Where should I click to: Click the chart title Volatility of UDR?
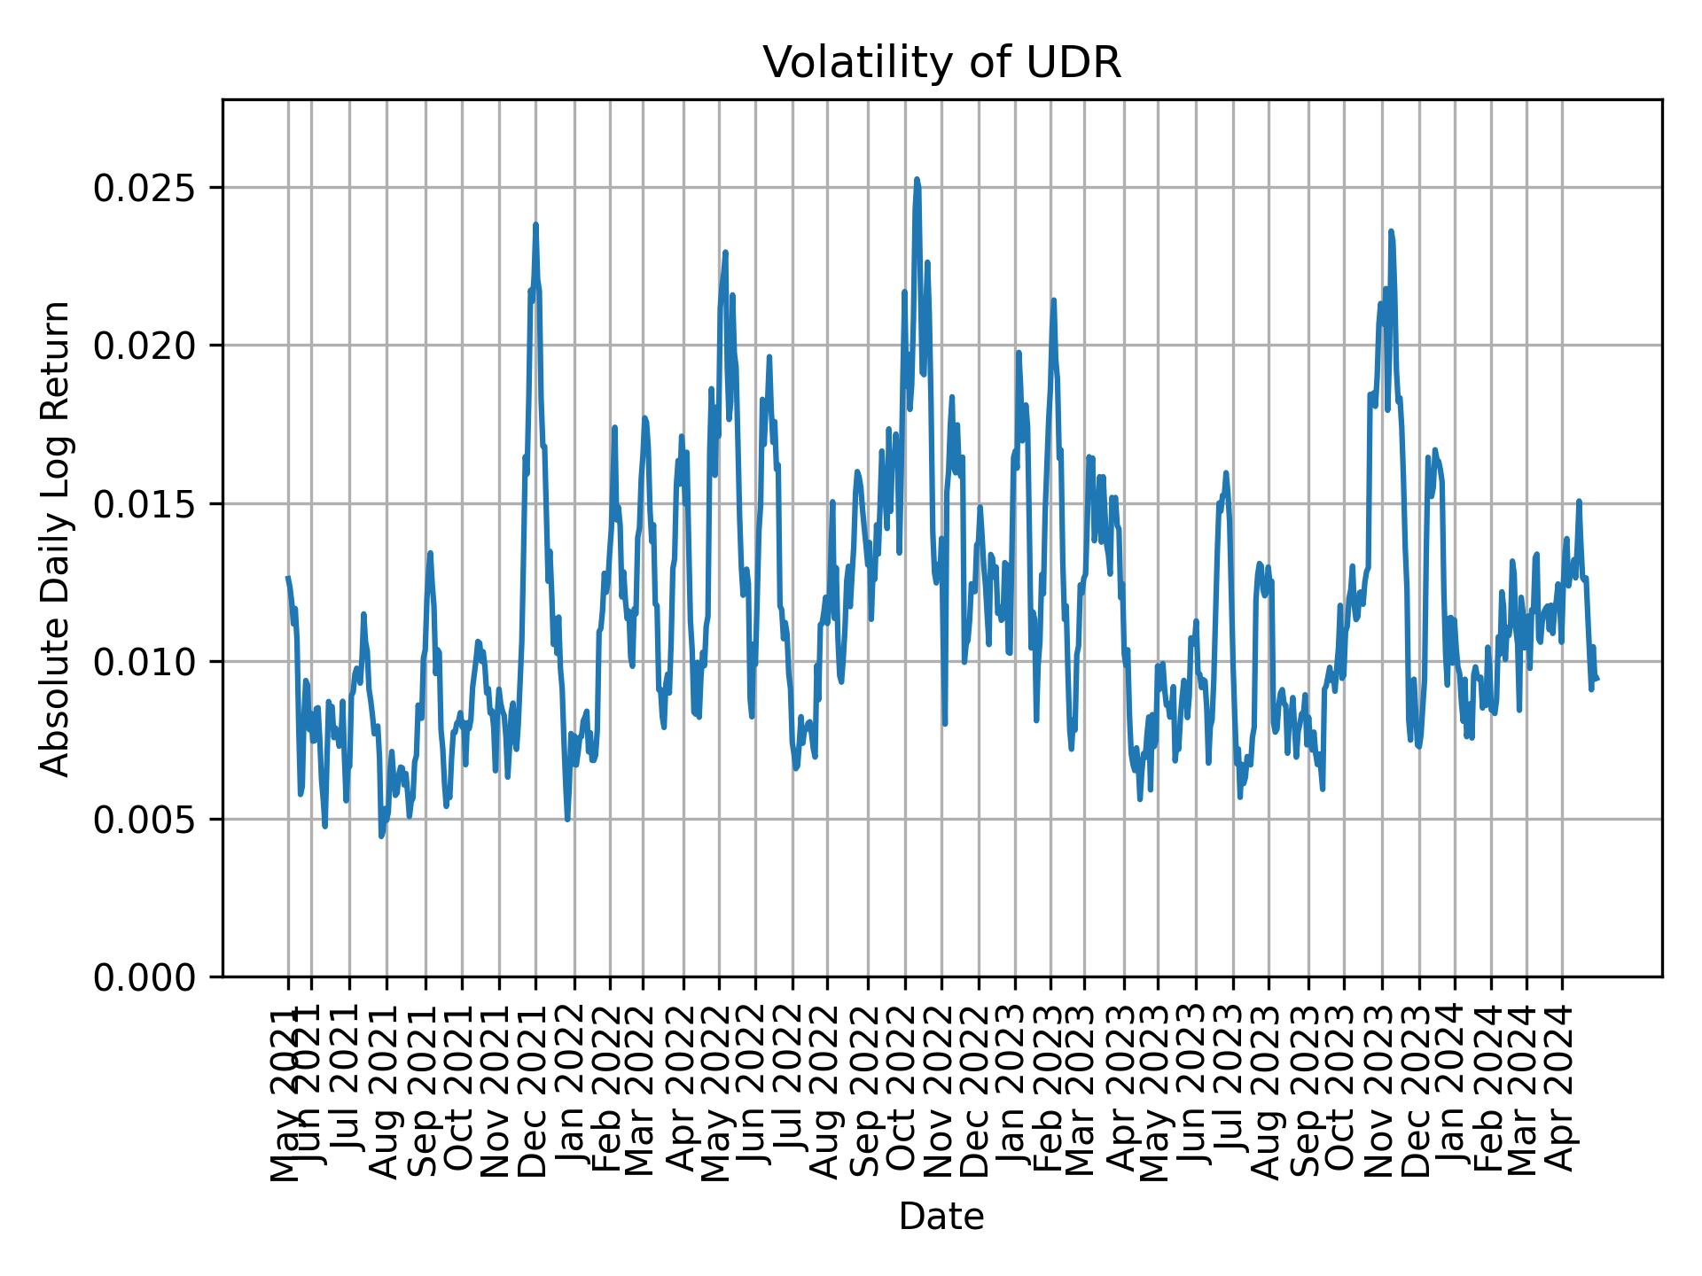click(x=941, y=63)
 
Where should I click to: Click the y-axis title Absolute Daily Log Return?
click(x=57, y=539)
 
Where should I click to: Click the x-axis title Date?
click(x=941, y=1217)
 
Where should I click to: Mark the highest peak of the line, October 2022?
click(x=917, y=179)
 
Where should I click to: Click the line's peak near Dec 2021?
click(x=535, y=224)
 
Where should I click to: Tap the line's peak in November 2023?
click(x=1391, y=231)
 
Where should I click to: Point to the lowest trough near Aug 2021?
click(x=381, y=836)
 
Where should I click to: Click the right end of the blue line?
click(x=1597, y=679)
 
